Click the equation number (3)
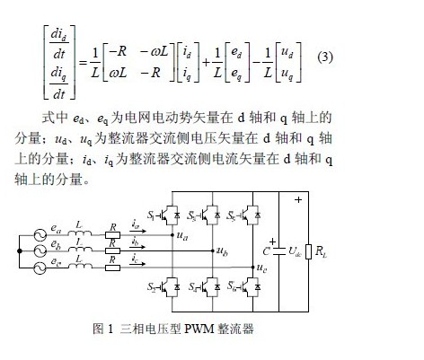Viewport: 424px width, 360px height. pos(325,57)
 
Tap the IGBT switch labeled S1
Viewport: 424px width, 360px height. pos(170,215)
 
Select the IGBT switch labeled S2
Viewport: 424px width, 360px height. pos(170,287)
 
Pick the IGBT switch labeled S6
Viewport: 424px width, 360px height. pos(251,287)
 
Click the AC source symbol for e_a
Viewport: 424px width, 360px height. pos(40,235)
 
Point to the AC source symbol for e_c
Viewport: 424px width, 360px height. pos(40,268)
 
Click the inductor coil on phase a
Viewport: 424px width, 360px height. pos(80,233)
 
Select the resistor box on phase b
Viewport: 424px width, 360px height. pos(113,250)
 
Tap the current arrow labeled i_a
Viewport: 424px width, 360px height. pos(138,231)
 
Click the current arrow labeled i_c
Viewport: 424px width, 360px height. pos(138,264)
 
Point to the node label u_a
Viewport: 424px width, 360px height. pos(182,236)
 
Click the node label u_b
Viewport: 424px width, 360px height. pos(222,251)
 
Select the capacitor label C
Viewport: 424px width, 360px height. pos(266,251)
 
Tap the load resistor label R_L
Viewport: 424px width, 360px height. pos(321,251)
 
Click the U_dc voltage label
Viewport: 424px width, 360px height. pos(295,251)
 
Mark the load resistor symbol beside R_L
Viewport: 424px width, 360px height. pos(308,251)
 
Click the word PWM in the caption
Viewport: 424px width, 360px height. pos(199,329)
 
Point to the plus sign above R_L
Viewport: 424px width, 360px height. pos(298,199)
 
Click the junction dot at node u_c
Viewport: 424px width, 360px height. pos(253,267)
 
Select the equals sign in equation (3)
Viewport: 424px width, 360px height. pos(83,63)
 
